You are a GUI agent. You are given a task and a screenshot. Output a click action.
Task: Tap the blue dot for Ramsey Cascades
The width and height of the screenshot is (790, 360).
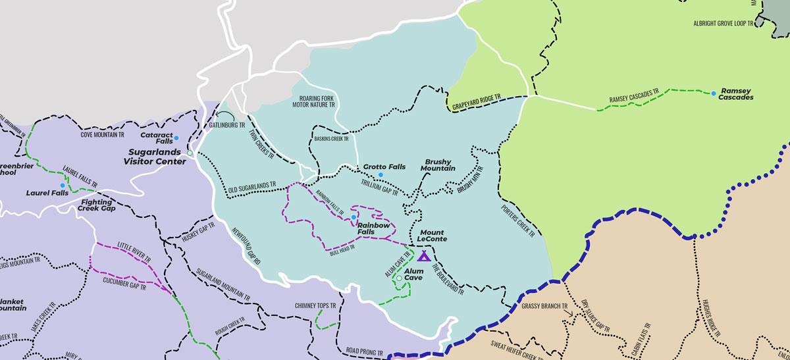click(x=714, y=93)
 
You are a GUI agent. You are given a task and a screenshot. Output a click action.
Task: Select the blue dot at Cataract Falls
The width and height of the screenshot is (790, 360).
click(x=176, y=138)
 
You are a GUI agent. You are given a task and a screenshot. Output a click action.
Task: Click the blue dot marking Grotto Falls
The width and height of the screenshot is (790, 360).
click(x=381, y=174)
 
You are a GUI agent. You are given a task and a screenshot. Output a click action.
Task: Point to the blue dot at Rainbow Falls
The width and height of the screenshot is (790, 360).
click(x=354, y=217)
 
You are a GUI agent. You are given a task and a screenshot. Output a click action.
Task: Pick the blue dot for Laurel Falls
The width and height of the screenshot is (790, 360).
click(x=63, y=186)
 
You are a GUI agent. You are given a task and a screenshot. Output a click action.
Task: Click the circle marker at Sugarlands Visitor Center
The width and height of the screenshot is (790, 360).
click(x=190, y=153)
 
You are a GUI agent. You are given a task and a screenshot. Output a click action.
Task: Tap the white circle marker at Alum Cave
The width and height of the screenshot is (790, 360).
click(x=398, y=278)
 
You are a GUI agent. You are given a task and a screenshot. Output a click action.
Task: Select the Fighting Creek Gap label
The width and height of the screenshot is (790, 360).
click(x=97, y=205)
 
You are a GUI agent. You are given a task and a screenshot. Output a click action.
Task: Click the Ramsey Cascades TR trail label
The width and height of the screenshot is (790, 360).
click(x=634, y=98)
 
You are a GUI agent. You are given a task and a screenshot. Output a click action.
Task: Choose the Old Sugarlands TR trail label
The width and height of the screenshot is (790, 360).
click(x=252, y=188)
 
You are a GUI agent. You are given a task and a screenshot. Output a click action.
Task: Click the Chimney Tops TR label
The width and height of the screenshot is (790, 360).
click(x=316, y=306)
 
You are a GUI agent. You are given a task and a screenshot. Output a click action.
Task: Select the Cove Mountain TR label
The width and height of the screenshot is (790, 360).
click(x=103, y=134)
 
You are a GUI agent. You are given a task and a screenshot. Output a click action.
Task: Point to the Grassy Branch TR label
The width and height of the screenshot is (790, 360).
click(x=543, y=306)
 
